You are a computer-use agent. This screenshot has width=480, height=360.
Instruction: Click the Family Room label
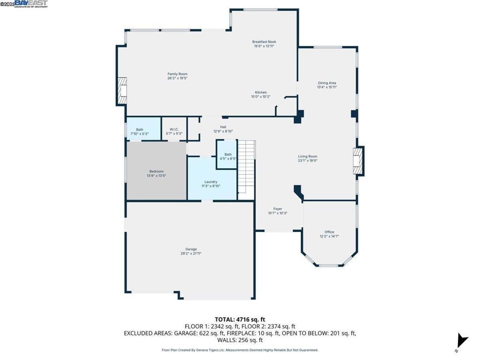tap(177, 74)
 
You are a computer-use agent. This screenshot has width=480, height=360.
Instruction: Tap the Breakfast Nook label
tap(264, 42)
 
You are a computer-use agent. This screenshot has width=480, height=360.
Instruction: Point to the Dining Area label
tap(327, 83)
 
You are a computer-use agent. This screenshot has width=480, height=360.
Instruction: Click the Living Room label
tap(307, 157)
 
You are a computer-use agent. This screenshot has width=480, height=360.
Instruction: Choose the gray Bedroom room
tap(157, 171)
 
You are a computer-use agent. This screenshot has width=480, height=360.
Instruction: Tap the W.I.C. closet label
tap(174, 130)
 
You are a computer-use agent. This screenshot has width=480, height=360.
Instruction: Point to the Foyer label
tap(277, 209)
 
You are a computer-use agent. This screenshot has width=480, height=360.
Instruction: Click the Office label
tap(329, 232)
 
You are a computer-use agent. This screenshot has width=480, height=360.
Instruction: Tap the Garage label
tap(191, 249)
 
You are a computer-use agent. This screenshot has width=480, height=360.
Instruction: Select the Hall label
tap(223, 127)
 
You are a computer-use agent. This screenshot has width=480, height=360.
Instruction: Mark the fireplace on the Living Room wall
tap(359, 161)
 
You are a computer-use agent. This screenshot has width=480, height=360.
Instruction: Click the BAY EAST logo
tap(31, 4)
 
